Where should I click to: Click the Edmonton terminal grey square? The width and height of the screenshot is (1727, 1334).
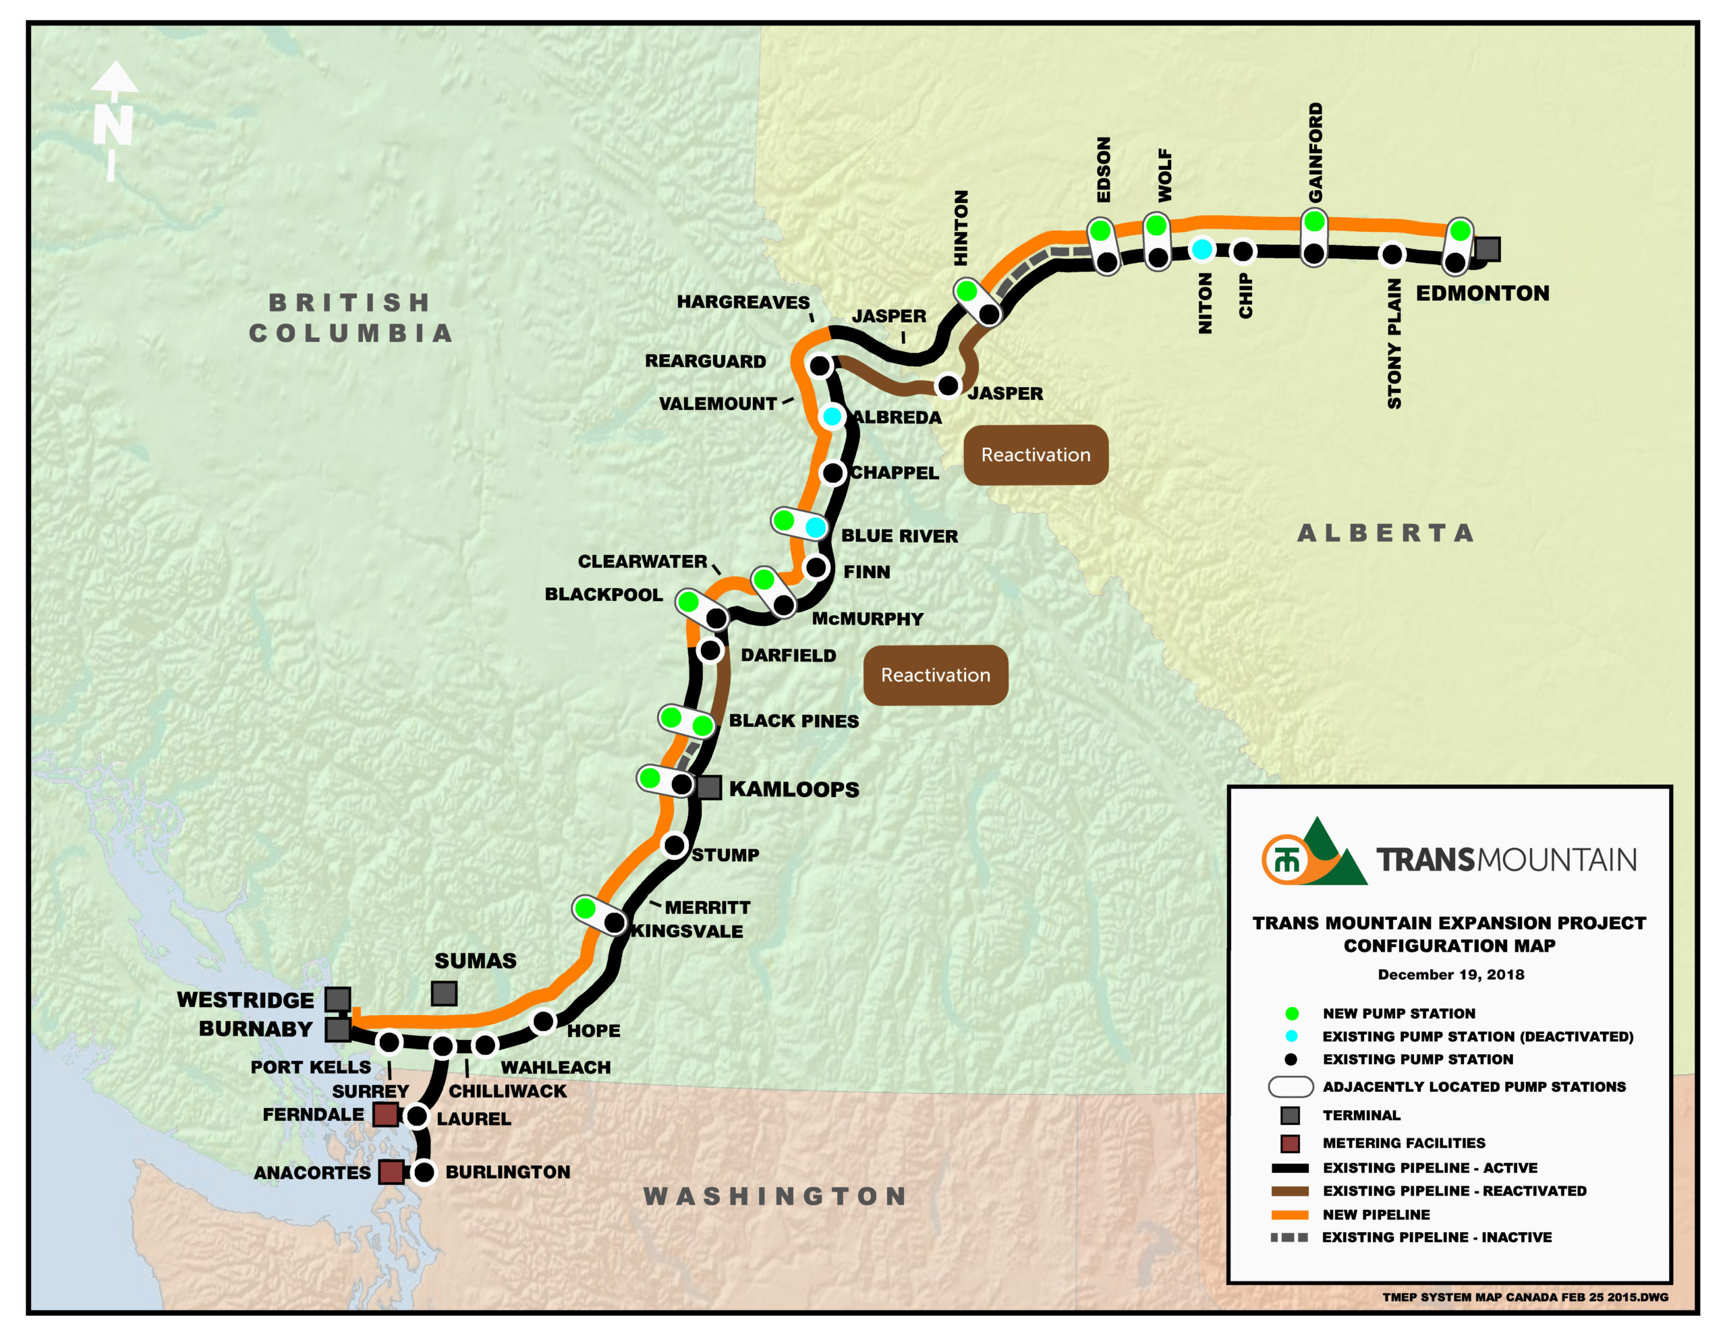click(x=1488, y=249)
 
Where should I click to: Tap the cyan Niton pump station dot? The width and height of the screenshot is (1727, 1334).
click(x=1202, y=250)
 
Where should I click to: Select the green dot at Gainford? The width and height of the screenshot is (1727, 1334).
click(x=1314, y=221)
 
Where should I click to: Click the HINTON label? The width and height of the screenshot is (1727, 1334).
click(x=961, y=228)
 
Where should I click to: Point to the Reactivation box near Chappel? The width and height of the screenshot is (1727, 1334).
click(x=1035, y=455)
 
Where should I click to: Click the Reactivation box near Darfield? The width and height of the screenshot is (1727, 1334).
click(x=936, y=674)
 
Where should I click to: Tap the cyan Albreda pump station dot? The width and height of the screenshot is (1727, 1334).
click(x=832, y=416)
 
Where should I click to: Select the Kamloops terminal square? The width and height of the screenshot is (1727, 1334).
click(x=708, y=787)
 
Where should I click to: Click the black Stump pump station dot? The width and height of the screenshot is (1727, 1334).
click(x=675, y=845)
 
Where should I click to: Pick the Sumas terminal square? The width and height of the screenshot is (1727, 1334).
click(x=444, y=993)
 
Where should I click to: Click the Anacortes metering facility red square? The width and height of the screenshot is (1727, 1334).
click(x=391, y=1172)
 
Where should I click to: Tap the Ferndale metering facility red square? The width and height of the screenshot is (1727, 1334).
click(x=385, y=1115)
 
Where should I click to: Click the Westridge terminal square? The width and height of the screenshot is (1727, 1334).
click(x=338, y=999)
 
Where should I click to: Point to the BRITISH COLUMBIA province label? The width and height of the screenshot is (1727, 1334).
click(x=350, y=318)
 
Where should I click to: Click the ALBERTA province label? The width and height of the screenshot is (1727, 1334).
click(x=1386, y=533)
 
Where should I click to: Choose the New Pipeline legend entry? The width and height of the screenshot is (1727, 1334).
click(x=1376, y=1214)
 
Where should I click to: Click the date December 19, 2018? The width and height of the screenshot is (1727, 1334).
click(x=1450, y=975)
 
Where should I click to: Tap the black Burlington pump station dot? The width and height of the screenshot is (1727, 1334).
click(x=424, y=1172)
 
